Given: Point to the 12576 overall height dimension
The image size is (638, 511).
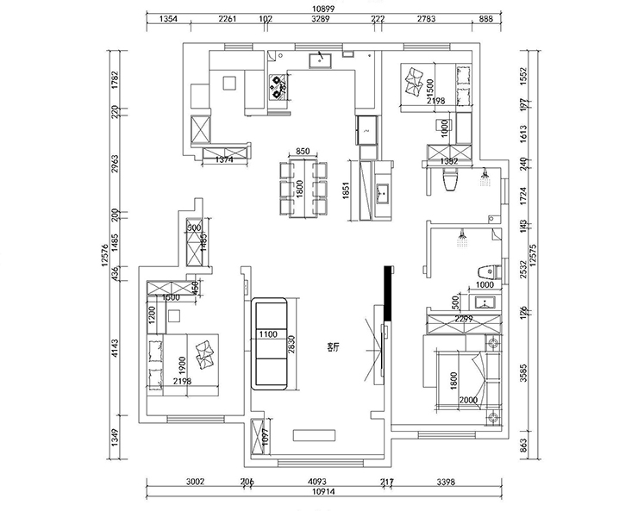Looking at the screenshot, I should coord(105,259).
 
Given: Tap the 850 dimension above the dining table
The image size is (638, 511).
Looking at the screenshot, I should coord(303,152).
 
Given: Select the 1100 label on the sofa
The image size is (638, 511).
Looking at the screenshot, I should coord(266,333).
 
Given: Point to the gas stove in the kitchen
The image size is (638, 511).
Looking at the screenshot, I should coord(278,86).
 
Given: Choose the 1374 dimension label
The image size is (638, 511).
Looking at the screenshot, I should coord(224,160).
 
